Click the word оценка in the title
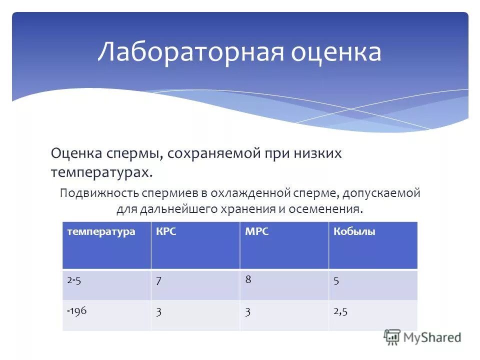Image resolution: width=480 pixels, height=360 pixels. [x=336, y=52]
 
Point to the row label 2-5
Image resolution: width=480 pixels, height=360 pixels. [x=74, y=280]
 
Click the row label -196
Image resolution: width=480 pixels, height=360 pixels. [x=77, y=310]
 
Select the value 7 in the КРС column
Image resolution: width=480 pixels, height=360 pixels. [x=158, y=281]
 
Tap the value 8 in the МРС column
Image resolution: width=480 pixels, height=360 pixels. [x=247, y=279]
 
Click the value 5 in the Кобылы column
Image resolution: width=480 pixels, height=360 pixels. [x=336, y=281]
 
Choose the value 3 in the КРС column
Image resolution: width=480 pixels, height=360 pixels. [x=158, y=311]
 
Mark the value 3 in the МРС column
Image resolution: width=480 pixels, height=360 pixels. [x=247, y=311]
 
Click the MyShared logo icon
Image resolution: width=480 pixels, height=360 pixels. [x=392, y=337]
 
